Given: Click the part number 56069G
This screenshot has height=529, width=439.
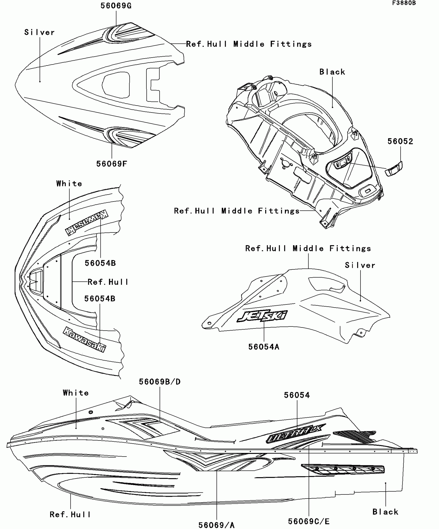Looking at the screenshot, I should pyautogui.click(x=116, y=6).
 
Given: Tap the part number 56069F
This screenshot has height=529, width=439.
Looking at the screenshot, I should pyautogui.click(x=112, y=164).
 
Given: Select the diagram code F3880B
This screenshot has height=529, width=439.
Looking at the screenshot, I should pyautogui.click(x=404, y=3).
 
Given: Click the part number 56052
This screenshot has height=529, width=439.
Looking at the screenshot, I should pyautogui.click(x=400, y=141).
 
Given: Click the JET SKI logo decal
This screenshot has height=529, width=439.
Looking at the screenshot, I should pyautogui.click(x=262, y=316).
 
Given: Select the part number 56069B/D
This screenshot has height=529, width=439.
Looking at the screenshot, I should pyautogui.click(x=160, y=382).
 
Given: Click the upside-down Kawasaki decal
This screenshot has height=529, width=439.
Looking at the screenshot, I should pyautogui.click(x=87, y=222).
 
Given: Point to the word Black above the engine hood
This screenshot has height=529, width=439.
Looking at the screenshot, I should pyautogui.click(x=332, y=72).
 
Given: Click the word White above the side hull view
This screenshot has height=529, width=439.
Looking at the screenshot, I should pyautogui.click(x=76, y=393).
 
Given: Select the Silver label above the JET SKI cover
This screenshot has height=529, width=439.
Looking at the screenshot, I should pyautogui.click(x=360, y=265).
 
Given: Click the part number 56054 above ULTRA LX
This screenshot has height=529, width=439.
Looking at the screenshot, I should pyautogui.click(x=297, y=395).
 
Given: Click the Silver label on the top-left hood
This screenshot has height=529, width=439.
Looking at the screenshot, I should pyautogui.click(x=40, y=33).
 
